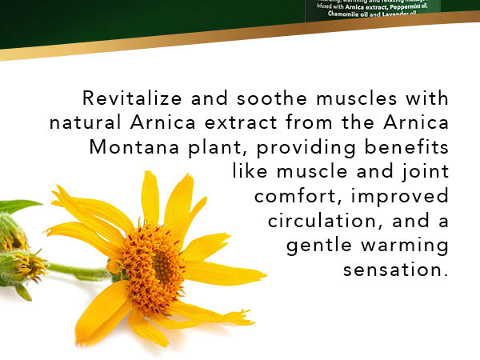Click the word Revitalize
[123, 99]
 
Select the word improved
[404, 197]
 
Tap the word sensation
[394, 270]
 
